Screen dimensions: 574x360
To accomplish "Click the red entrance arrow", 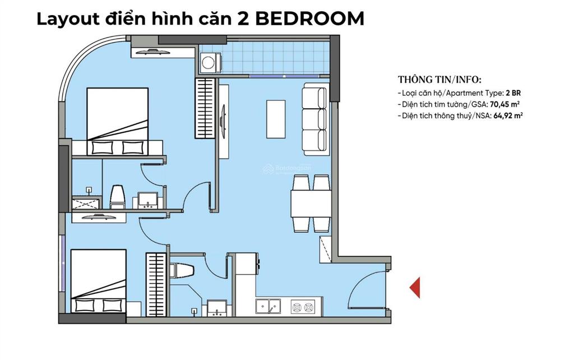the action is [415, 287].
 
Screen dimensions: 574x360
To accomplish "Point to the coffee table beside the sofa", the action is [276, 119].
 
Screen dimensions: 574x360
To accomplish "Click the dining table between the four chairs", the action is [311, 204].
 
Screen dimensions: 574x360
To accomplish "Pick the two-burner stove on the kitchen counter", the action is [303, 307].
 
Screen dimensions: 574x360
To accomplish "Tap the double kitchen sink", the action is [269, 307].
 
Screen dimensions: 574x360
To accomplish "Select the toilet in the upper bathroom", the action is [118, 197].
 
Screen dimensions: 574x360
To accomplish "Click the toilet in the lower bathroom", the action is [182, 271].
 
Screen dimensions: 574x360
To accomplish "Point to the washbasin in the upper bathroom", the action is [148, 201].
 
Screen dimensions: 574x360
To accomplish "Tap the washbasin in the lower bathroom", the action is [217, 308].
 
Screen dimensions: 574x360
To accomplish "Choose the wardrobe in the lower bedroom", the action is [156, 284].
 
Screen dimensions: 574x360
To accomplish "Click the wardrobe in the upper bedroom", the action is [205, 108].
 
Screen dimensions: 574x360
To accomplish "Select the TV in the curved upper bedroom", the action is [152, 52].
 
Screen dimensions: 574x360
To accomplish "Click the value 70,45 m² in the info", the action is [506, 104].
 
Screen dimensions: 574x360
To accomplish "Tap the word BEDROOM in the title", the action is [309, 19].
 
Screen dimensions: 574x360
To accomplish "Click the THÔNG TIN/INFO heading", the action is [439, 80].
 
